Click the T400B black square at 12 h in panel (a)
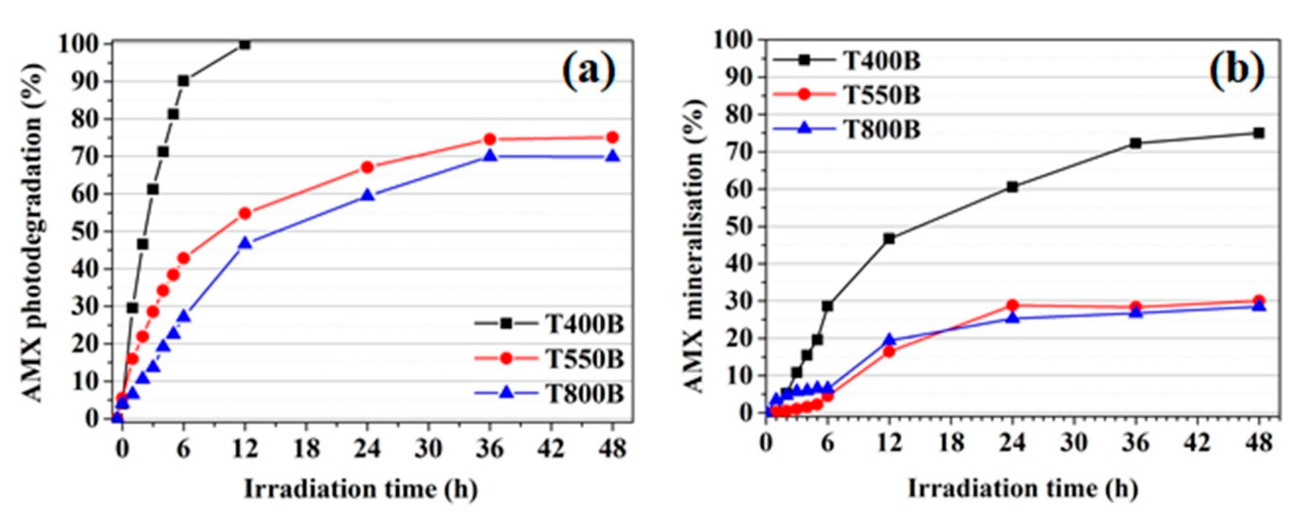(244, 45)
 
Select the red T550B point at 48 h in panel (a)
(612, 137)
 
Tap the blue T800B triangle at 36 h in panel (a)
(490, 156)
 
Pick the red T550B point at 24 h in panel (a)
(367, 168)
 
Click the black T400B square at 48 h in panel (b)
(1259, 133)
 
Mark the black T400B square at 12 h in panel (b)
(889, 239)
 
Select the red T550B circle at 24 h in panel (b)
(1012, 305)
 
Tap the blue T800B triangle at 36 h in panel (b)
(1136, 312)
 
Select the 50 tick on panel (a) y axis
(86, 232)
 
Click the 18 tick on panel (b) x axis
(951, 443)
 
